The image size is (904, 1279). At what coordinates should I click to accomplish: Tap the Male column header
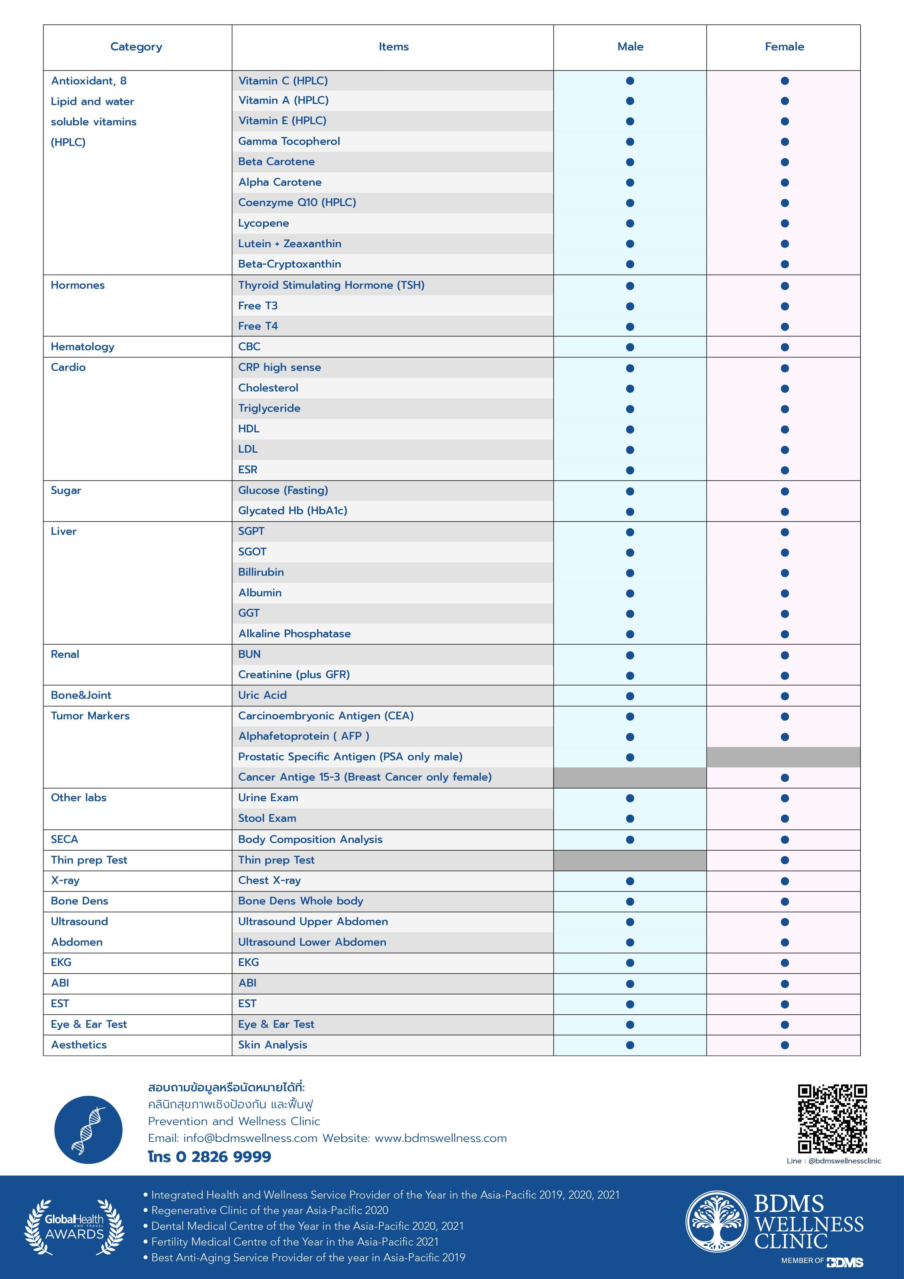click(630, 47)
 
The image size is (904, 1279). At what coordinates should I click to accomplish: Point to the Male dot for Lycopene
click(630, 223)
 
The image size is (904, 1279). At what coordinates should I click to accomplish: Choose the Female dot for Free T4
click(784, 326)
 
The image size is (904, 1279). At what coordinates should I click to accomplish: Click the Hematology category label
click(82, 347)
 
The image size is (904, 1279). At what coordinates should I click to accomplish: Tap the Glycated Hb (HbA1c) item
click(292, 511)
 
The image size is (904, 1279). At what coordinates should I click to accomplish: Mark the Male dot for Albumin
click(630, 593)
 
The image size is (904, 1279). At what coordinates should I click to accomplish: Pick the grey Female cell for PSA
click(783, 757)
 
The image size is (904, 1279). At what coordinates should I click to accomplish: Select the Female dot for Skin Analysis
click(784, 1045)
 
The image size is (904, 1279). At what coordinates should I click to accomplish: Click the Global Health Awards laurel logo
click(74, 1227)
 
